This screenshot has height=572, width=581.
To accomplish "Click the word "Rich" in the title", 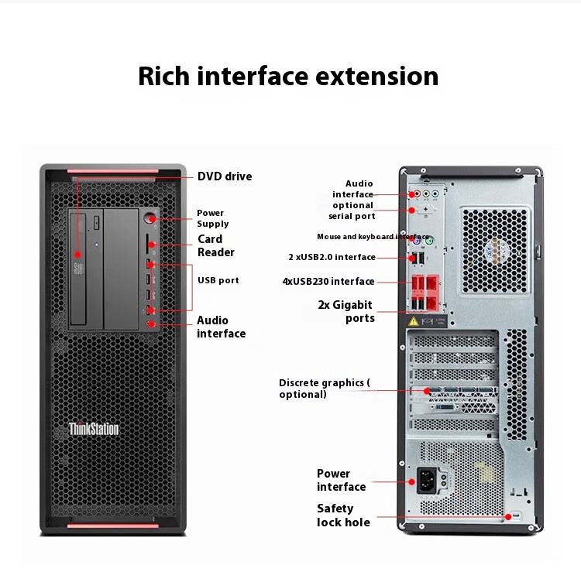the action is tap(163, 77).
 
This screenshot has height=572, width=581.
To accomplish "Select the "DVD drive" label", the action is tap(225, 176).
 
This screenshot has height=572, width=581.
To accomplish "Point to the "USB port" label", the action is tap(218, 280).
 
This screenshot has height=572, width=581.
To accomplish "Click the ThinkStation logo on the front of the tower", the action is tap(93, 428).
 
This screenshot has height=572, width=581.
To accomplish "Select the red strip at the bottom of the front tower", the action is tap(113, 526).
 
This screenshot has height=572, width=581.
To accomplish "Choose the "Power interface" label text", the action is tap(341, 480).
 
